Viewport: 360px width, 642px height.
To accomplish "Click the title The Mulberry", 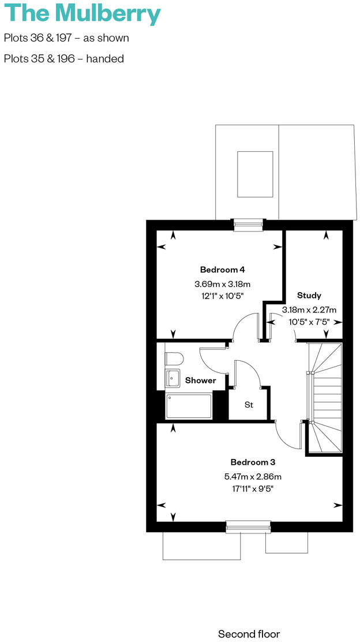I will [81, 14].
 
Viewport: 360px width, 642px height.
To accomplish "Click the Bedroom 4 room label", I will [223, 270].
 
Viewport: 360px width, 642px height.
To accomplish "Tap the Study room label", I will [309, 295].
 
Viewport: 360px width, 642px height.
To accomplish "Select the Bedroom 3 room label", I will [253, 462].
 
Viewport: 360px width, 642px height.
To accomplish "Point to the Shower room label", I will [200, 380].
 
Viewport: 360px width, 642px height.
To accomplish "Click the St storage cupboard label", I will [249, 405].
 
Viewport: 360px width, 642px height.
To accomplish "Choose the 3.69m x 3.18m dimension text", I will [223, 284].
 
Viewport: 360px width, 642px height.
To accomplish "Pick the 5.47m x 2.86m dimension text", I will [253, 476].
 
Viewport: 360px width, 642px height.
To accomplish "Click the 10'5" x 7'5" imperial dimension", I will [309, 322].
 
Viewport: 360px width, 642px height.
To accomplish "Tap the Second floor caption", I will [249, 634].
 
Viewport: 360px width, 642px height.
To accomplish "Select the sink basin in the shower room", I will [173, 378].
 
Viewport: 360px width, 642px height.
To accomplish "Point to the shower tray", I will [189, 406].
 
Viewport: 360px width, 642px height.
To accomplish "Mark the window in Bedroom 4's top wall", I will [248, 225].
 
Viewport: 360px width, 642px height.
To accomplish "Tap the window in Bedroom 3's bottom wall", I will [248, 525].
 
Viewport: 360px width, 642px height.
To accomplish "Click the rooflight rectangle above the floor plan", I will [255, 174].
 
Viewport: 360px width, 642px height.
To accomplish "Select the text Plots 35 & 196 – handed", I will [64, 59].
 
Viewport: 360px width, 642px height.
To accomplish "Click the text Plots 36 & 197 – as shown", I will [66, 38].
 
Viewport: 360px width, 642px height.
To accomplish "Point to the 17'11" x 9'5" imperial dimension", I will [253, 489].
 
